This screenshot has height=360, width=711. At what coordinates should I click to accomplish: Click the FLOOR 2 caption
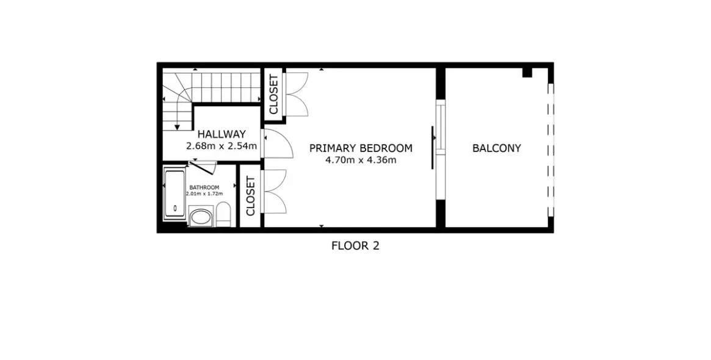[355, 246]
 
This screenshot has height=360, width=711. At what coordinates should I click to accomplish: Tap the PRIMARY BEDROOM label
[361, 148]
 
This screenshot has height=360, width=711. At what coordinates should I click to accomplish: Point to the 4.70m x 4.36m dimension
[361, 160]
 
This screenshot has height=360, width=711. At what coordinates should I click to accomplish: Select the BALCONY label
[497, 148]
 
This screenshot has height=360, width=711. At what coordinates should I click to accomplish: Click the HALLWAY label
[222, 134]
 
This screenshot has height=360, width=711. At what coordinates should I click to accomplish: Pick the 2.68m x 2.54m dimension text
[222, 146]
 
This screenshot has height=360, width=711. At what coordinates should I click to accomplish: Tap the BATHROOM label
[204, 187]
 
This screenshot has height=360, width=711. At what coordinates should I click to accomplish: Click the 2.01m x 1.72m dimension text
[204, 193]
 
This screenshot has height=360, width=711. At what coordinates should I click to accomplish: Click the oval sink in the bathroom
[200, 217]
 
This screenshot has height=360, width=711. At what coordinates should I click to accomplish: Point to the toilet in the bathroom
[223, 215]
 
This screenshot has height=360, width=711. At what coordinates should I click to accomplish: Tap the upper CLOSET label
[273, 95]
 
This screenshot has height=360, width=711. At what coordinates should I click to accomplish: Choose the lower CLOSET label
[251, 196]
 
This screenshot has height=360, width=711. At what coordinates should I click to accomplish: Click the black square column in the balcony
[527, 72]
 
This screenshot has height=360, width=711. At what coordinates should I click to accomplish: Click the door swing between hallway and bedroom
[278, 144]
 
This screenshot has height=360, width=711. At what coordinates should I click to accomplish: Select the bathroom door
[203, 167]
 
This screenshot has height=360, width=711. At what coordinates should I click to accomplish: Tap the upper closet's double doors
[297, 94]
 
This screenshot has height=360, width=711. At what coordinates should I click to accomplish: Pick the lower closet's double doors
[275, 191]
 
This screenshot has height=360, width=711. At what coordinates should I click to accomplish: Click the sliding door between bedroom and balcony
[439, 149]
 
